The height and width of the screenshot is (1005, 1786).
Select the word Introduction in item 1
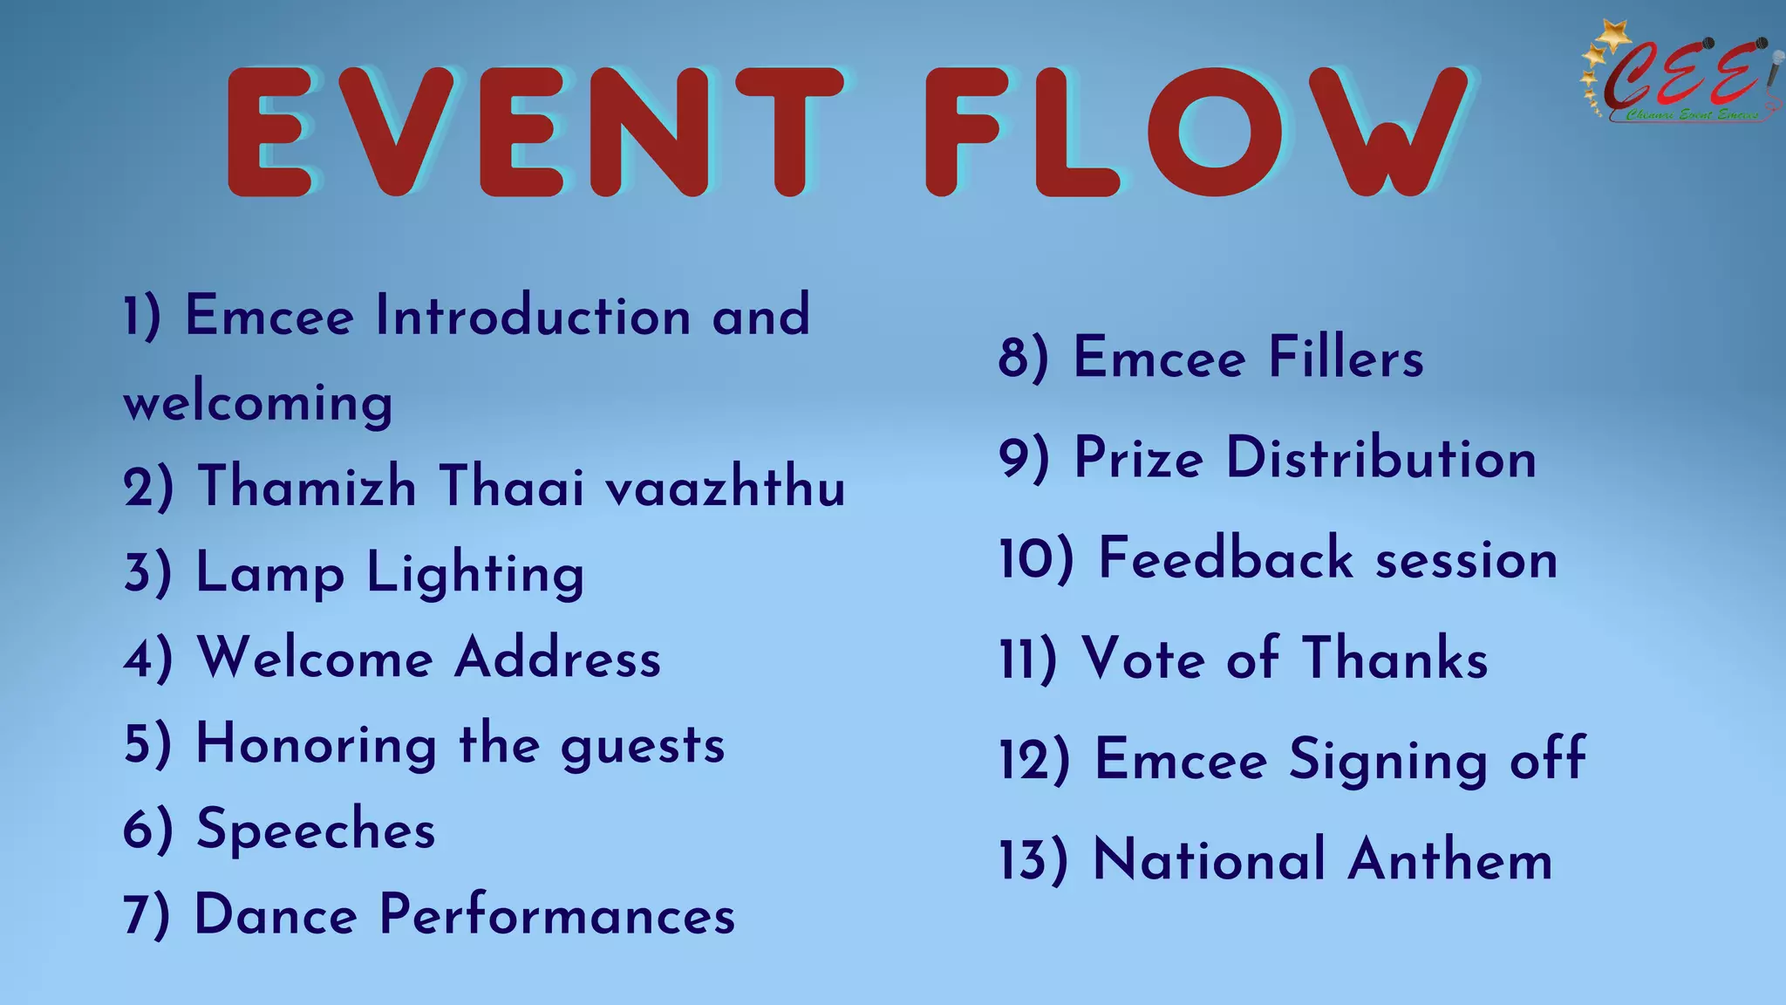[534, 316]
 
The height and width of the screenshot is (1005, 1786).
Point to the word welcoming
[258, 402]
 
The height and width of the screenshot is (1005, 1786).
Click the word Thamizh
[307, 486]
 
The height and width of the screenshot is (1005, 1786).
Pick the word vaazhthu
[726, 486]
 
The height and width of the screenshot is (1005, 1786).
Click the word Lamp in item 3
[269, 573]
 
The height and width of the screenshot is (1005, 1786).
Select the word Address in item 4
[558, 658]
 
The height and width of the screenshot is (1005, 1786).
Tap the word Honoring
[317, 744]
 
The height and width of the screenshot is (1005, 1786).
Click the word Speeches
[316, 830]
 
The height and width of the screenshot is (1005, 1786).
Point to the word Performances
[557, 915]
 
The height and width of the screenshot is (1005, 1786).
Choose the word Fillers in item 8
[1346, 358]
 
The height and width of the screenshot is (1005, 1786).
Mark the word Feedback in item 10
[1225, 558]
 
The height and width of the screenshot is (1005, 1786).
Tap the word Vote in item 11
[1143, 659]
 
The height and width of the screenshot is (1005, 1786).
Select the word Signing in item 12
[1387, 760]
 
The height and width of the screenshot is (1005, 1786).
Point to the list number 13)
[1033, 860]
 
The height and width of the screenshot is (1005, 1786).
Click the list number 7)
[147, 915]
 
